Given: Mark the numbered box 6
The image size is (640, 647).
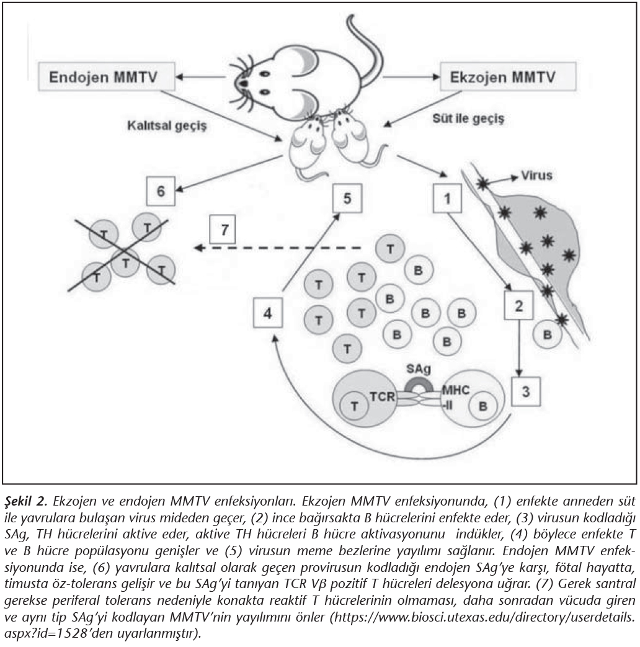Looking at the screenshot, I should coord(160,192).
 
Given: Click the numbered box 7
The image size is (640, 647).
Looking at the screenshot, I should coord(224,231).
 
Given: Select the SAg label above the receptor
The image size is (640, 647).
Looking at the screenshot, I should coord(419,369).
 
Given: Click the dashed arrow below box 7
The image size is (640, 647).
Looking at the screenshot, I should coord(279,248).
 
